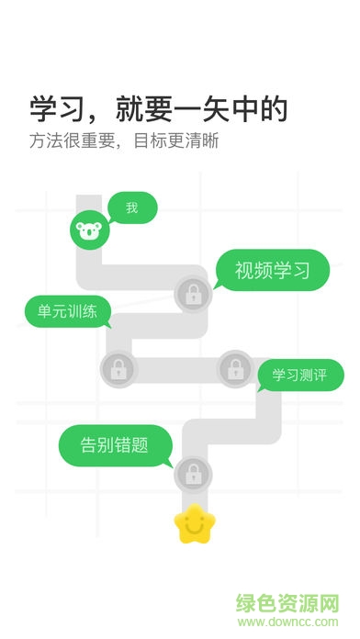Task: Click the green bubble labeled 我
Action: click(132, 207)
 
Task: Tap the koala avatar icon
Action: click(90, 231)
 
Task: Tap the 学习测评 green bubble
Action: click(300, 375)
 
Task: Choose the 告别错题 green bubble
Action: click(115, 445)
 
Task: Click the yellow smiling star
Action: click(194, 523)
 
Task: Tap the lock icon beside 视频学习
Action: click(194, 296)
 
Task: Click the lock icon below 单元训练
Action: click(118, 369)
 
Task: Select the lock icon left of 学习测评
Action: click(236, 369)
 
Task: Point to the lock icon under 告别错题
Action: click(194, 475)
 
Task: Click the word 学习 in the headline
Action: click(51, 110)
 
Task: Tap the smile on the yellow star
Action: click(194, 527)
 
